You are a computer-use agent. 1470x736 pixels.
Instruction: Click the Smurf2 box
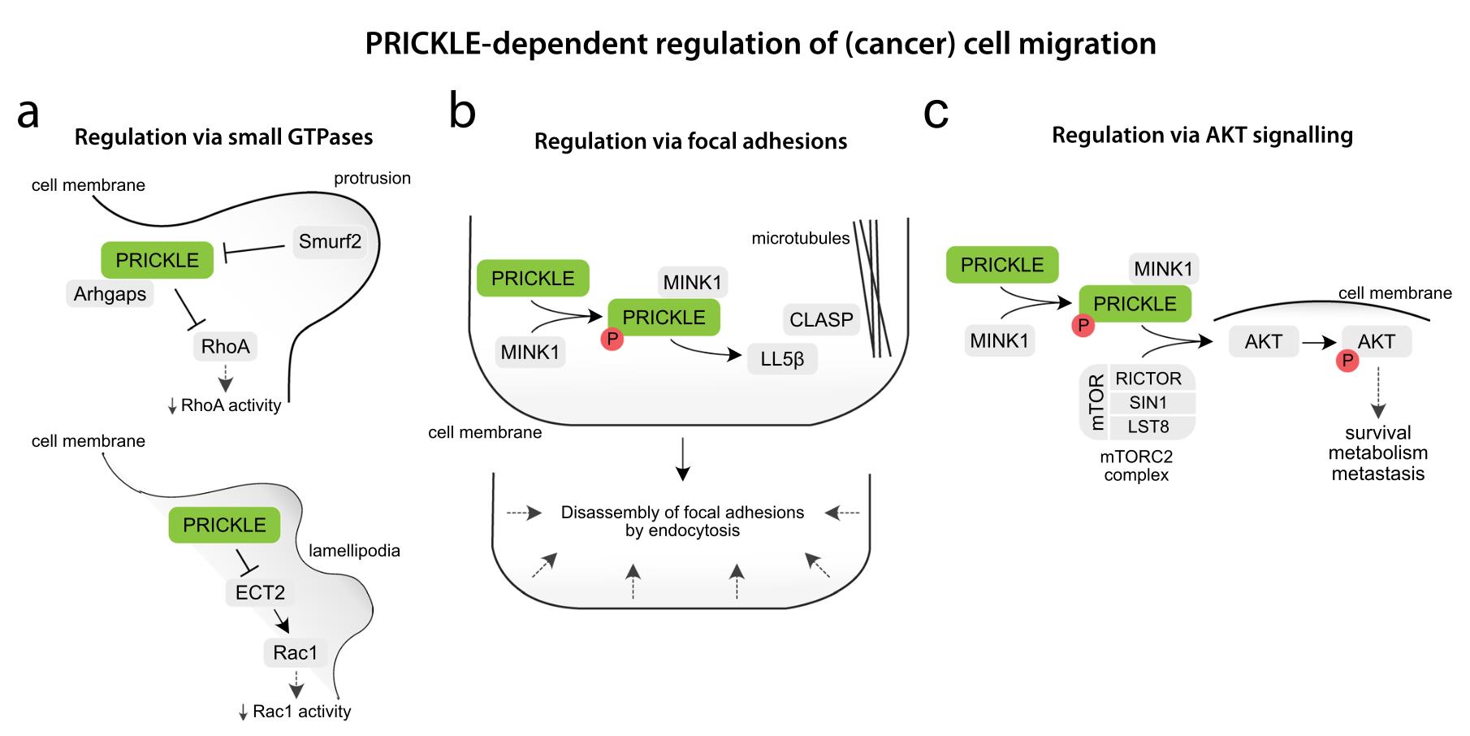tap(330, 241)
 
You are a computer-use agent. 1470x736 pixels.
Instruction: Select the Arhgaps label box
tap(110, 293)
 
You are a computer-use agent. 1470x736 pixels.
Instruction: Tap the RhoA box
tap(225, 347)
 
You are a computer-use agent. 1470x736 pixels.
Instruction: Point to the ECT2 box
tap(260, 592)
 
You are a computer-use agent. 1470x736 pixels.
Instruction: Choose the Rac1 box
tap(295, 652)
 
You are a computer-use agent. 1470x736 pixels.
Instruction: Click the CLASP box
tap(821, 319)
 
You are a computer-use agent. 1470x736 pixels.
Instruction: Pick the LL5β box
tap(782, 358)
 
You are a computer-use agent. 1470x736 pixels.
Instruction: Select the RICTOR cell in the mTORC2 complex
tap(1148, 379)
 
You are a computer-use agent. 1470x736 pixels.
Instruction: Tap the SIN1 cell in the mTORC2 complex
tap(1148, 403)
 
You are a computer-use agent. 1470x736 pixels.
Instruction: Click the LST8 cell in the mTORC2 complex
tap(1148, 426)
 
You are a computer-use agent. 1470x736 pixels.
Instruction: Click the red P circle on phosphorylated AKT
tap(1347, 360)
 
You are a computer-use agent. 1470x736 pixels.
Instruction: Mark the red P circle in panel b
tap(612, 339)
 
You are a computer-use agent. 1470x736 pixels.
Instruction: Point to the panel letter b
tap(462, 112)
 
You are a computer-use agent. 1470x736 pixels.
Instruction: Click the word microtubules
tap(800, 238)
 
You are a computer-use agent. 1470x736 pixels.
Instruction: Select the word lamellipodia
tap(354, 551)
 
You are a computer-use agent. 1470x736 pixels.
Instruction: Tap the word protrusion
tap(372, 178)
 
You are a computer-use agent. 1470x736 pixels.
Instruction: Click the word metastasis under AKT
tap(1377, 474)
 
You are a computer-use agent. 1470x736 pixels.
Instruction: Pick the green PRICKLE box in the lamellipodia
tap(224, 525)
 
